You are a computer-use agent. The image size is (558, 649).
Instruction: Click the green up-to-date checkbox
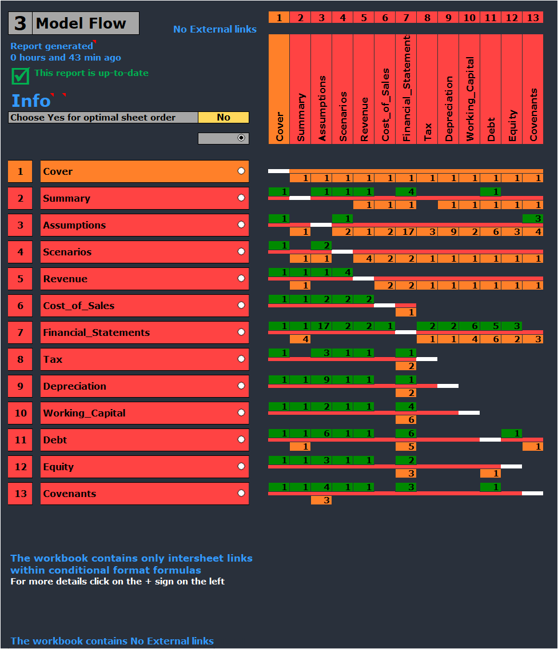(x=21, y=75)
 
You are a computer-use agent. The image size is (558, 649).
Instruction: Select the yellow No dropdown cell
(x=224, y=118)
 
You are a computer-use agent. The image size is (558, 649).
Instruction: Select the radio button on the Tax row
(x=241, y=359)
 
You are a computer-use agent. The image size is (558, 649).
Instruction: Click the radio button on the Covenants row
(x=241, y=494)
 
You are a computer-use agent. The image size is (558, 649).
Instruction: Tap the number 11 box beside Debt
(x=21, y=440)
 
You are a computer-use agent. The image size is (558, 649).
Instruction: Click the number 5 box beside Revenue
(x=21, y=279)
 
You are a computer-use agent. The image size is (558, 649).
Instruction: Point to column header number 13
(x=533, y=18)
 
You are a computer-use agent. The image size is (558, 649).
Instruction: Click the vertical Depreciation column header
(x=448, y=89)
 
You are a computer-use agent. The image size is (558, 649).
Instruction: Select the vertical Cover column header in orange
(x=279, y=89)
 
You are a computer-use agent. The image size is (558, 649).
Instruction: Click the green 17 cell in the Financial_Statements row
(x=321, y=326)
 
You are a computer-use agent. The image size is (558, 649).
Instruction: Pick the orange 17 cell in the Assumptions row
(x=406, y=232)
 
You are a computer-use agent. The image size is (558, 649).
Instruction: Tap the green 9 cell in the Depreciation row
(x=321, y=380)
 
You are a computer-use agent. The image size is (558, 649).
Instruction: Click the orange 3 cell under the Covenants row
(x=321, y=500)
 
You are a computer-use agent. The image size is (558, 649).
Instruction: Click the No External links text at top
(x=215, y=29)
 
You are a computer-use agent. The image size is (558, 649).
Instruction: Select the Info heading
(x=31, y=101)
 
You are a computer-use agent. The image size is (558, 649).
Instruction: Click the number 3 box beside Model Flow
(x=20, y=23)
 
